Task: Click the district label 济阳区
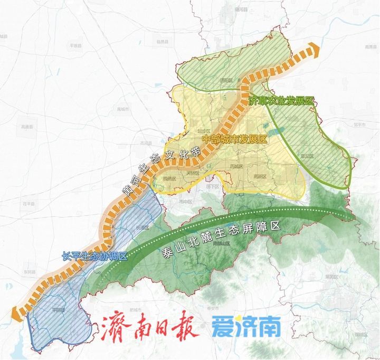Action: point(226,80)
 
